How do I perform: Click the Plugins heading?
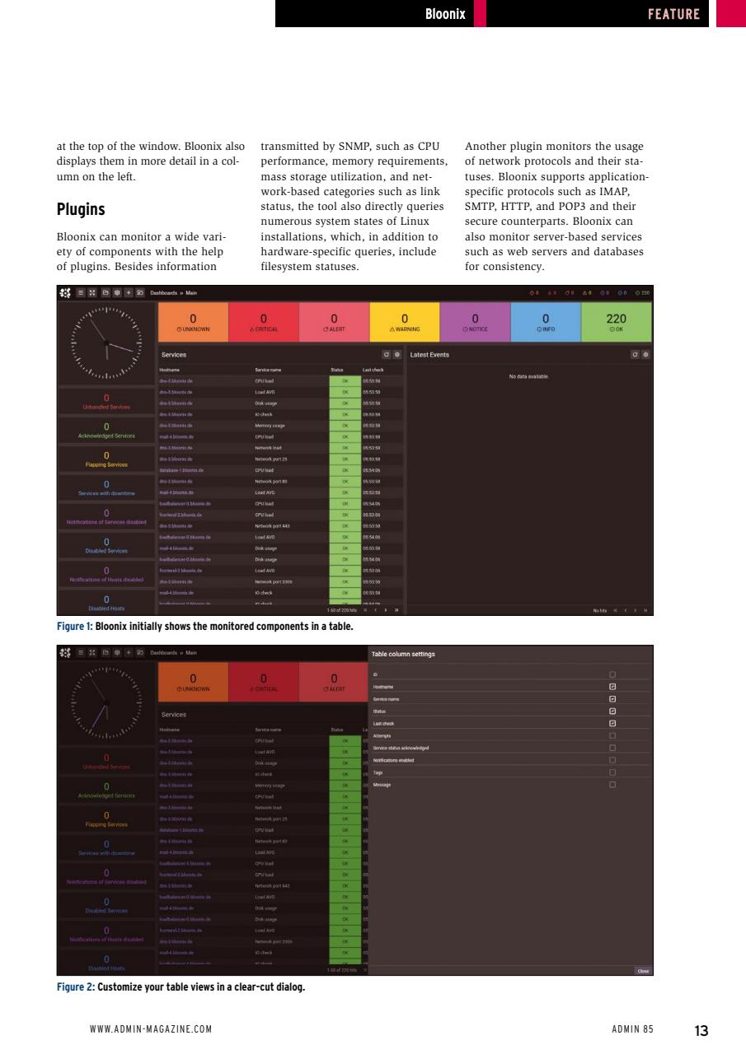pos(81,209)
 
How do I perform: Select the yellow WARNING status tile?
pos(405,322)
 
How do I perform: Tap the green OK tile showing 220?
pos(616,322)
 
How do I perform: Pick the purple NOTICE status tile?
pos(475,322)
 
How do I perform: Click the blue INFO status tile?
pos(545,322)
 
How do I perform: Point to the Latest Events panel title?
pos(429,355)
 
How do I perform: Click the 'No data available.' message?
pos(528,376)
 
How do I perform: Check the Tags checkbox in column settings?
pos(612,772)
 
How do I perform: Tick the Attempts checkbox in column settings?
pos(612,736)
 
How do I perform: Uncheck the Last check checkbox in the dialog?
pos(612,724)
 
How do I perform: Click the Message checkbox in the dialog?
pos(612,785)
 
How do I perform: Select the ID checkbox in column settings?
pos(612,674)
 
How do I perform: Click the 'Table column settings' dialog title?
pos(403,655)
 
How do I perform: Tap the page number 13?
pos(701,1030)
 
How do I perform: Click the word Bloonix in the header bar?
pos(445,14)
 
